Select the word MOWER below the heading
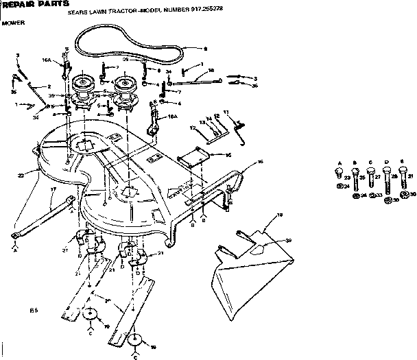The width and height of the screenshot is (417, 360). pos(9,23)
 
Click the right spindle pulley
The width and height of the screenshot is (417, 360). pos(125,86)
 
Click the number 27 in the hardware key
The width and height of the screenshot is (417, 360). pos(377,176)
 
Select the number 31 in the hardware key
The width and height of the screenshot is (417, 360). pos(409,176)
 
